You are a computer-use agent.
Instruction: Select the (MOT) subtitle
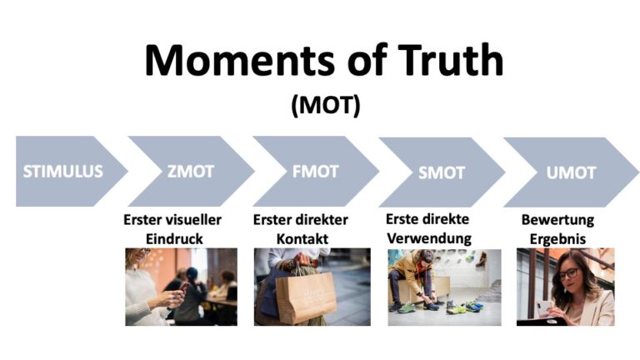pos(325,107)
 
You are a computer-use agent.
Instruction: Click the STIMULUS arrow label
pos(63,172)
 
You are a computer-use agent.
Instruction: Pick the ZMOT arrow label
pos(190,172)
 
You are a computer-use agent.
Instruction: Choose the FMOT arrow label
pos(316,172)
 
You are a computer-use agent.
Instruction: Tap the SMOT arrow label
pos(442,172)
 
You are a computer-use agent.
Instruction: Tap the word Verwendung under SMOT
pos(428,238)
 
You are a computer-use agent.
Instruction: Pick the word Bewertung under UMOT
pos(557,221)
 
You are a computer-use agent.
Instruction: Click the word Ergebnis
pos(557,238)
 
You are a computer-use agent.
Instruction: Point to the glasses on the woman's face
pos(568,273)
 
